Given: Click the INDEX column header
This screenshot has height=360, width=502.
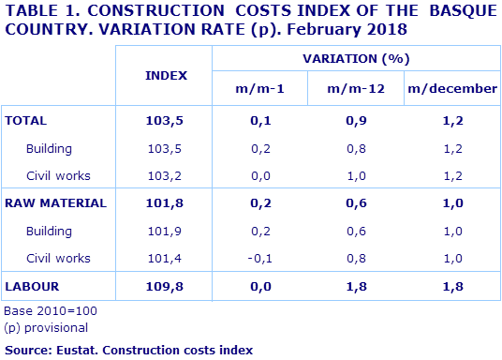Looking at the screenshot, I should pyautogui.click(x=166, y=74).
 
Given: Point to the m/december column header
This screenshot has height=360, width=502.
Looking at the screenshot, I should pyautogui.click(x=451, y=89).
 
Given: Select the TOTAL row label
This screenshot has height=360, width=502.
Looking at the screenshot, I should pyautogui.click(x=26, y=121).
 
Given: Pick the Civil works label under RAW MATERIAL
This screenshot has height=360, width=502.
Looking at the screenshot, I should pyautogui.click(x=58, y=258).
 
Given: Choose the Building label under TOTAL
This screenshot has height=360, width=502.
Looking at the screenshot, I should pyautogui.click(x=50, y=148).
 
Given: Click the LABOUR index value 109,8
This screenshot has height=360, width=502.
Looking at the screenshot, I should pyautogui.click(x=166, y=285).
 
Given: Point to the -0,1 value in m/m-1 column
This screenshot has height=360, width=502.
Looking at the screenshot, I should pyautogui.click(x=259, y=258).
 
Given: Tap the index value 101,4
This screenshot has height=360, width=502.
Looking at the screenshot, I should pyautogui.click(x=166, y=258).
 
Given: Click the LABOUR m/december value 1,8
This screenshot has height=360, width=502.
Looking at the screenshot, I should pyautogui.click(x=451, y=285).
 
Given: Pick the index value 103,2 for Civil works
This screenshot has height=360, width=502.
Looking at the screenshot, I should pyautogui.click(x=166, y=175).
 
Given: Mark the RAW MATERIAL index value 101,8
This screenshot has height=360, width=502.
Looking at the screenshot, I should pyautogui.click(x=166, y=202).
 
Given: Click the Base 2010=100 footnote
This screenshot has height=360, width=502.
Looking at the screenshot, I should pyautogui.click(x=51, y=310).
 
